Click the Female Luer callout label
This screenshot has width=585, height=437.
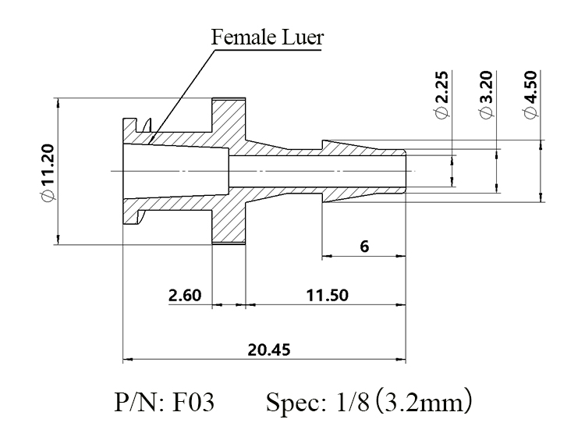coord(267,37)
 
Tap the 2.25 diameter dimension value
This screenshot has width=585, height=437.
coord(442,87)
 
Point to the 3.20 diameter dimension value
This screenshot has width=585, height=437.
coord(487,87)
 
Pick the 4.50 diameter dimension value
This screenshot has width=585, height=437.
coord(531,87)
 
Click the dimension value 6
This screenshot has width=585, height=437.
coord(364,247)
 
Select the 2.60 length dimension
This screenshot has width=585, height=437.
coord(185,295)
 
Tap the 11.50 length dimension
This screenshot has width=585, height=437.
coord(327,295)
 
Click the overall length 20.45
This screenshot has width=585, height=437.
coord(268,350)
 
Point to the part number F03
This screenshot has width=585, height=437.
coord(193,403)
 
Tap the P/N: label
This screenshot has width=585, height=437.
coord(139,403)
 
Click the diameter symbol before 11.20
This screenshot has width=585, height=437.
coord(48,195)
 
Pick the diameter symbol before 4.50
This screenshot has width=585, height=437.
coord(531,112)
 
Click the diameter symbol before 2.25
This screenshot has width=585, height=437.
coord(442,112)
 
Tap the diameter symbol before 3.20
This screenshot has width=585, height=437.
coord(487,112)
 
